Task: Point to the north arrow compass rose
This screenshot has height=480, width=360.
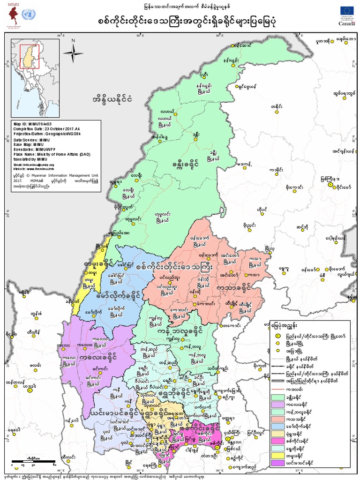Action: [74, 49]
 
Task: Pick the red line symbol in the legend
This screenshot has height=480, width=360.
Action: [278, 389]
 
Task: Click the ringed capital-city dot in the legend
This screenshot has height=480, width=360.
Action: [277, 336]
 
